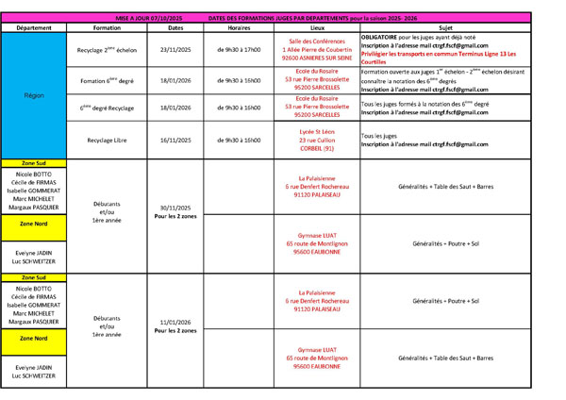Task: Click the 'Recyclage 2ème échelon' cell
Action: click(106, 49)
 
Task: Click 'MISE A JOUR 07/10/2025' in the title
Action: click(150, 19)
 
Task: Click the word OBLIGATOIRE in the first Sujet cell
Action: click(382, 36)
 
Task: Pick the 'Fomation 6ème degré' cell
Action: click(106, 81)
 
